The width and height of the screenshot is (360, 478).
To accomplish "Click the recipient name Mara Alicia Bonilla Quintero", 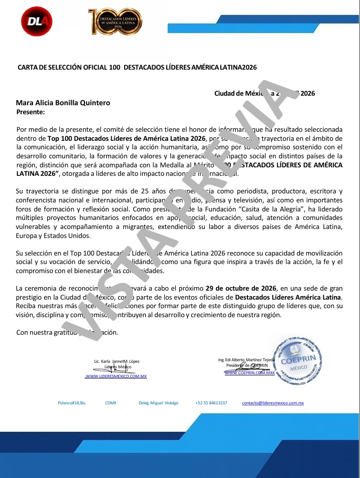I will (x=63, y=103).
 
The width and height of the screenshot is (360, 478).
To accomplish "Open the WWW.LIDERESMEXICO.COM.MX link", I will (x=116, y=376).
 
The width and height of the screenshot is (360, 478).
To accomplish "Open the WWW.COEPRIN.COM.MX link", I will (x=249, y=373).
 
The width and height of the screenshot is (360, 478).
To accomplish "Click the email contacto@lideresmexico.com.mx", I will (x=273, y=403).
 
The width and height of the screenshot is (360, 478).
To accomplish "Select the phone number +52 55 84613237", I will (x=211, y=403).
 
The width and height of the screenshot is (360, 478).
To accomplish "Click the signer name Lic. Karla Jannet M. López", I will (x=117, y=361).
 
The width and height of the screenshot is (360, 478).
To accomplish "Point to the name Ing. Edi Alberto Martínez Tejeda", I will (x=246, y=360).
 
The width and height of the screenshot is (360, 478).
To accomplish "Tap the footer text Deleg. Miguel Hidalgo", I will (x=158, y=403).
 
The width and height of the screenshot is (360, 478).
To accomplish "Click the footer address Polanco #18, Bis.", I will (x=72, y=403).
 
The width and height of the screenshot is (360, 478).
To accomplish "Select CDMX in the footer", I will (x=111, y=403).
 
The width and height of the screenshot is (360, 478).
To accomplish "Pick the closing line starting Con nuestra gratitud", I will (x=67, y=332).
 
